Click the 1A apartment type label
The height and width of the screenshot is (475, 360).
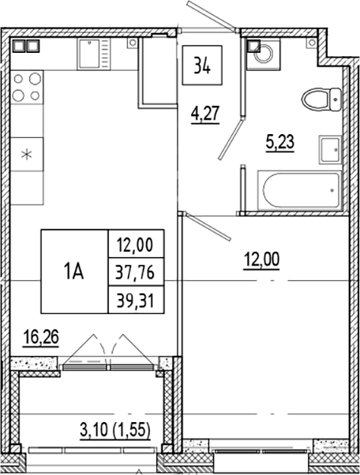[x=75, y=272]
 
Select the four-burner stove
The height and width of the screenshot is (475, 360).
[x=28, y=87]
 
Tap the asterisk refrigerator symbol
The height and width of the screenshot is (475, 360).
[x=28, y=154]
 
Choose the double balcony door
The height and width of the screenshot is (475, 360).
[x=111, y=350]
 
